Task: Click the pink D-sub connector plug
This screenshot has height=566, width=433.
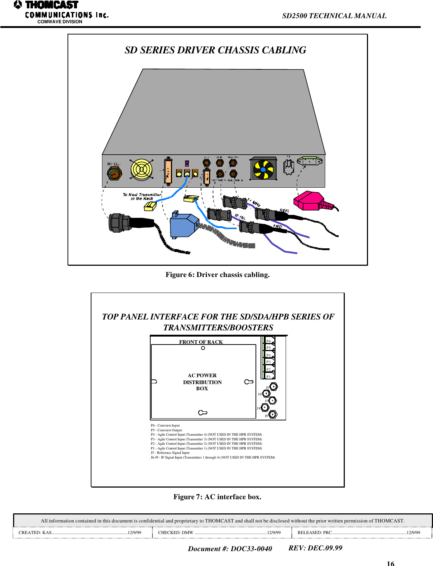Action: pyautogui.click(x=309, y=201)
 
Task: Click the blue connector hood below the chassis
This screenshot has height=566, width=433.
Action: pyautogui.click(x=184, y=225)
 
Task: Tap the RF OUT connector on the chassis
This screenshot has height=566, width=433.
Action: pyautogui.click(x=114, y=174)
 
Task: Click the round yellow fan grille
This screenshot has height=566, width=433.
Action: pyautogui.click(x=141, y=170)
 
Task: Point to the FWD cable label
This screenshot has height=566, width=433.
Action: pyautogui.click(x=277, y=227)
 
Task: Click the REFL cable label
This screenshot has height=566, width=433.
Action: pyautogui.click(x=284, y=211)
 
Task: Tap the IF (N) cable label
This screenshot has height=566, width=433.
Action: pyautogui.click(x=240, y=217)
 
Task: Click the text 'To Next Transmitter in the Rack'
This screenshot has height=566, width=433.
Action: pyautogui.click(x=142, y=197)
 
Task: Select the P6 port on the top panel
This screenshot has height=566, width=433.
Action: pyautogui.click(x=269, y=341)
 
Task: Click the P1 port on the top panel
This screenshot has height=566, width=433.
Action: pyautogui.click(x=269, y=376)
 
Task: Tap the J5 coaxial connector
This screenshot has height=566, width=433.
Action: pyautogui.click(x=273, y=386)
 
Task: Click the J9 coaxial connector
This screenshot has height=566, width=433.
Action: pyautogui.click(x=273, y=414)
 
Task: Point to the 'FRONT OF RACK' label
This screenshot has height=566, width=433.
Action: pyautogui.click(x=201, y=342)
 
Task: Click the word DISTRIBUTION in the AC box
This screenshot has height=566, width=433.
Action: pyautogui.click(x=202, y=382)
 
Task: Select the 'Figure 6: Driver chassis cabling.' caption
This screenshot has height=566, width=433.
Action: pyautogui.click(x=217, y=275)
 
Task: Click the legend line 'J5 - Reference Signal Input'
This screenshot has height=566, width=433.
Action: pyautogui.click(x=170, y=453)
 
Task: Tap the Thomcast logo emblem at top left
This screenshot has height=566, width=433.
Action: pyautogui.click(x=18, y=5)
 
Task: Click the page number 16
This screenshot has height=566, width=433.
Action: pyautogui.click(x=390, y=563)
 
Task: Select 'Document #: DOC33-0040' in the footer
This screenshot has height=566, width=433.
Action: pyautogui.click(x=230, y=549)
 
